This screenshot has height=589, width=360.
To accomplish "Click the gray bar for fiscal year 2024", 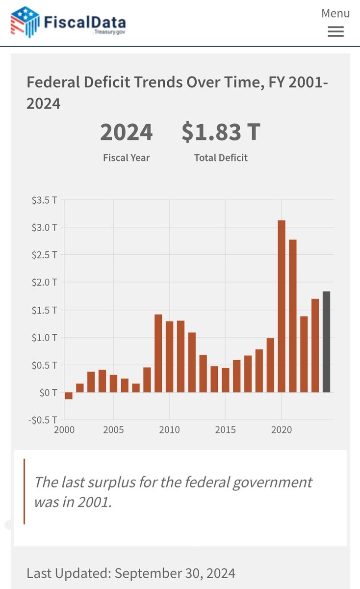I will (327, 342).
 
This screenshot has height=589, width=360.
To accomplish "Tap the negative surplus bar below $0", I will (69, 396).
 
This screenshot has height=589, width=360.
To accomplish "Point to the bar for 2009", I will (158, 353).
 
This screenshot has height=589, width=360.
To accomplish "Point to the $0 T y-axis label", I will (48, 392).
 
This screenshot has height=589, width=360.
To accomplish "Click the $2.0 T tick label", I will (45, 282).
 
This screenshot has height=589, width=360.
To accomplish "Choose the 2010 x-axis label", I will (169, 430).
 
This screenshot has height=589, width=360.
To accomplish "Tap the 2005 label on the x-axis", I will (113, 430).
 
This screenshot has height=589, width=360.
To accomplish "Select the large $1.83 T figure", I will (220, 133).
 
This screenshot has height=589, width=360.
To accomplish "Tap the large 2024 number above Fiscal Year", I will (126, 133).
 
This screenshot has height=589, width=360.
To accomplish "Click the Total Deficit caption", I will (220, 158).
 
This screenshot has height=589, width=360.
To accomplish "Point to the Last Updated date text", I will (131, 573).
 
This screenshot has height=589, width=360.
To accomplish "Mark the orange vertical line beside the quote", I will (24, 491).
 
